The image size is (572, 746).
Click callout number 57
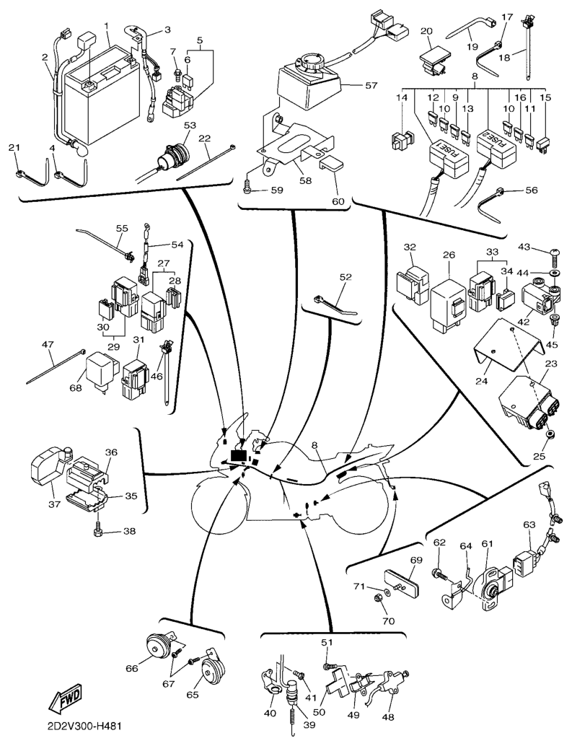(x=371, y=85)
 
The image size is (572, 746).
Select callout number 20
(x=426, y=31)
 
